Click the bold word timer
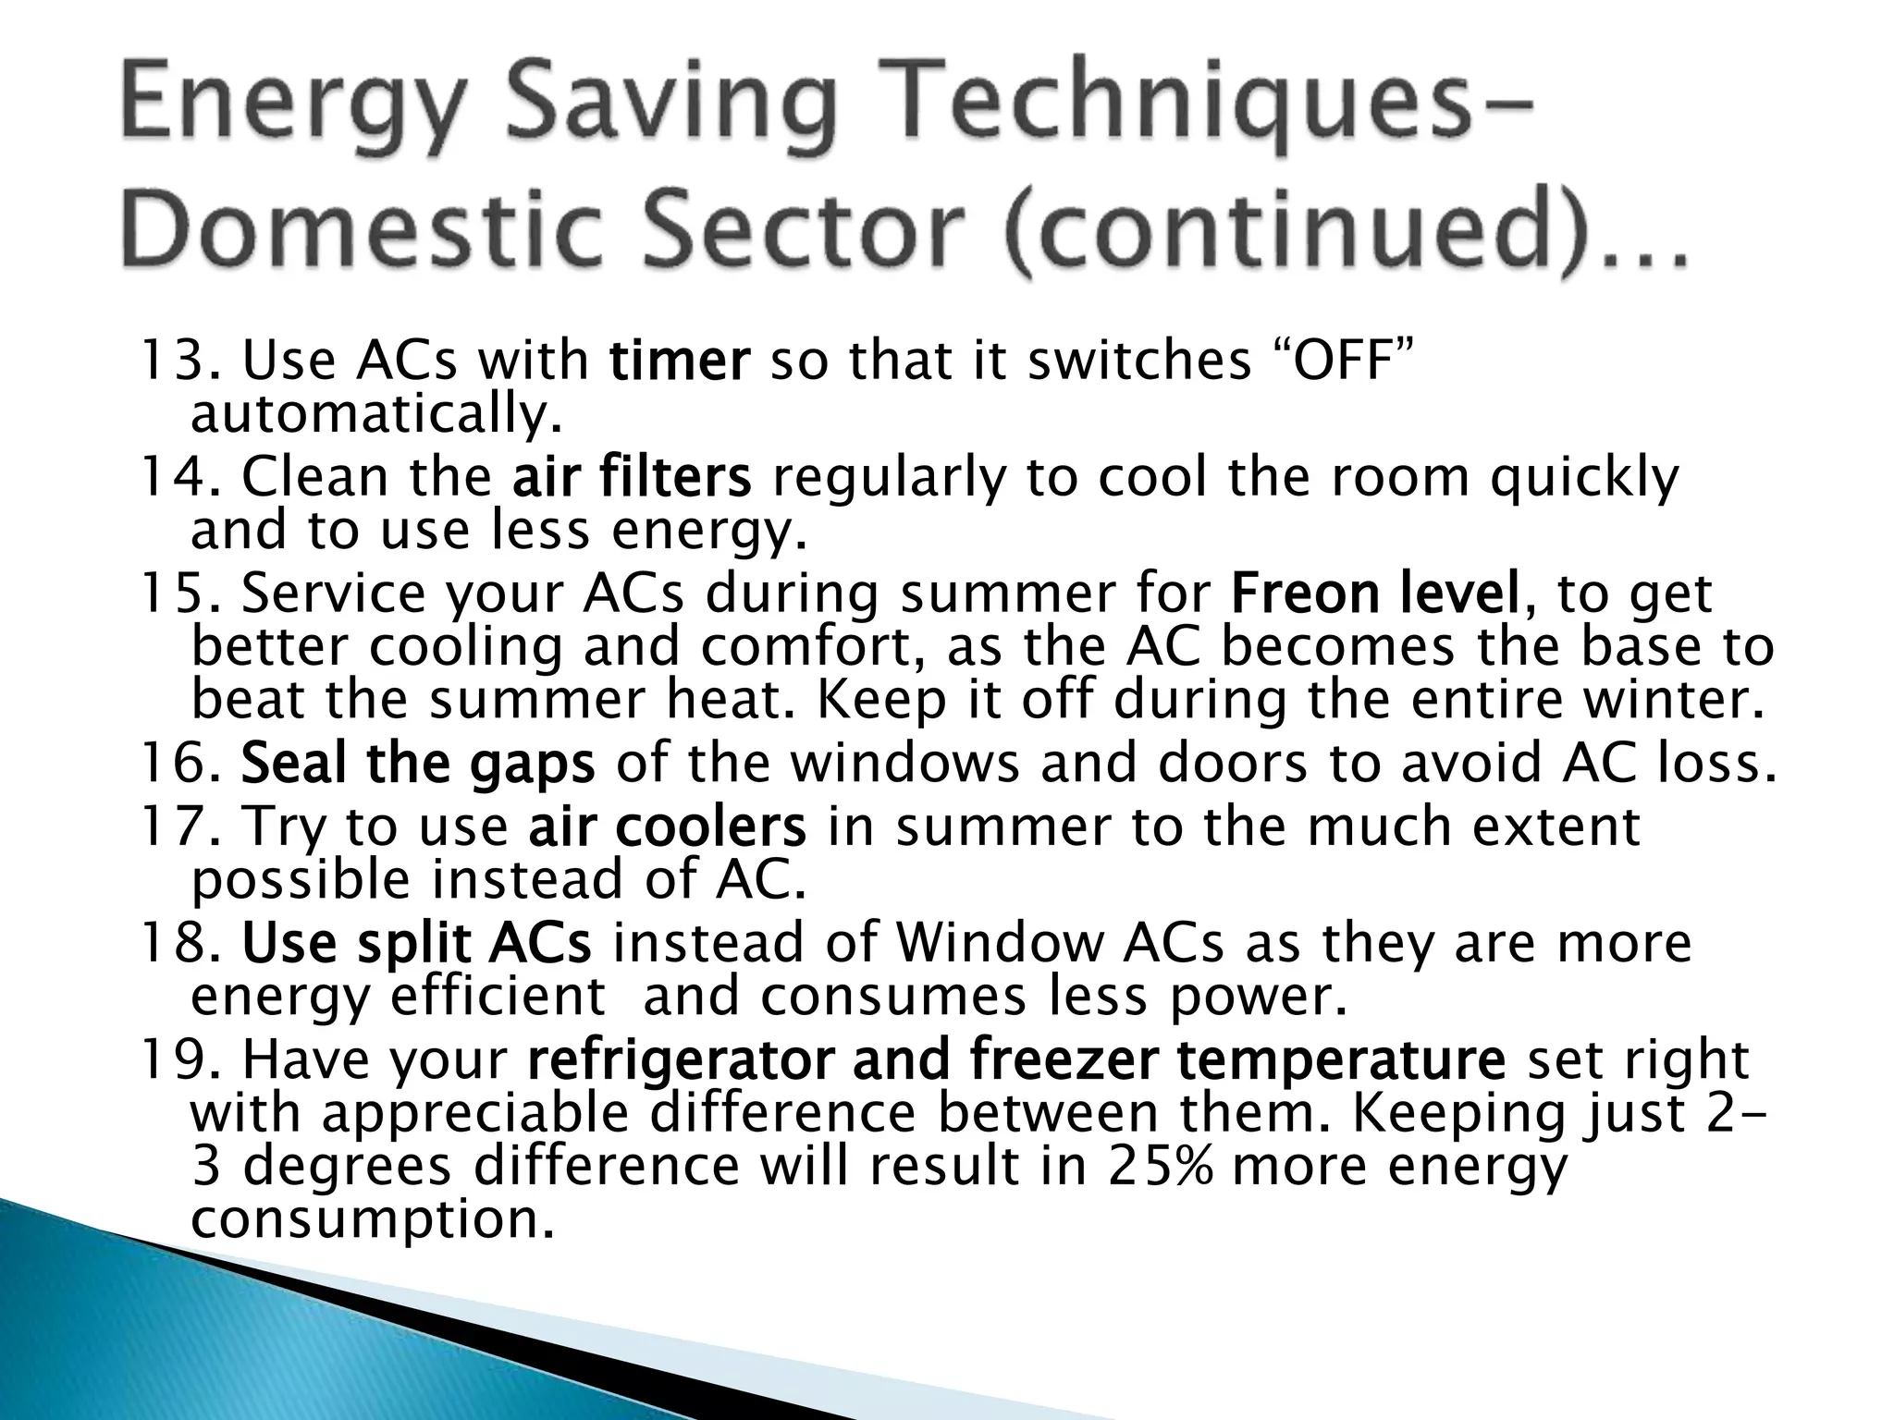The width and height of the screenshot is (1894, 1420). tap(679, 361)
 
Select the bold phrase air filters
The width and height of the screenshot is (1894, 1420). tap(632, 477)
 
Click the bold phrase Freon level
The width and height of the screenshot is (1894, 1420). tap(1375, 594)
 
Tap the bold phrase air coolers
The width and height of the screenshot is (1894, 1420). tap(667, 826)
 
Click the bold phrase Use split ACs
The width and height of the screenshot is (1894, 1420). tap(416, 943)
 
